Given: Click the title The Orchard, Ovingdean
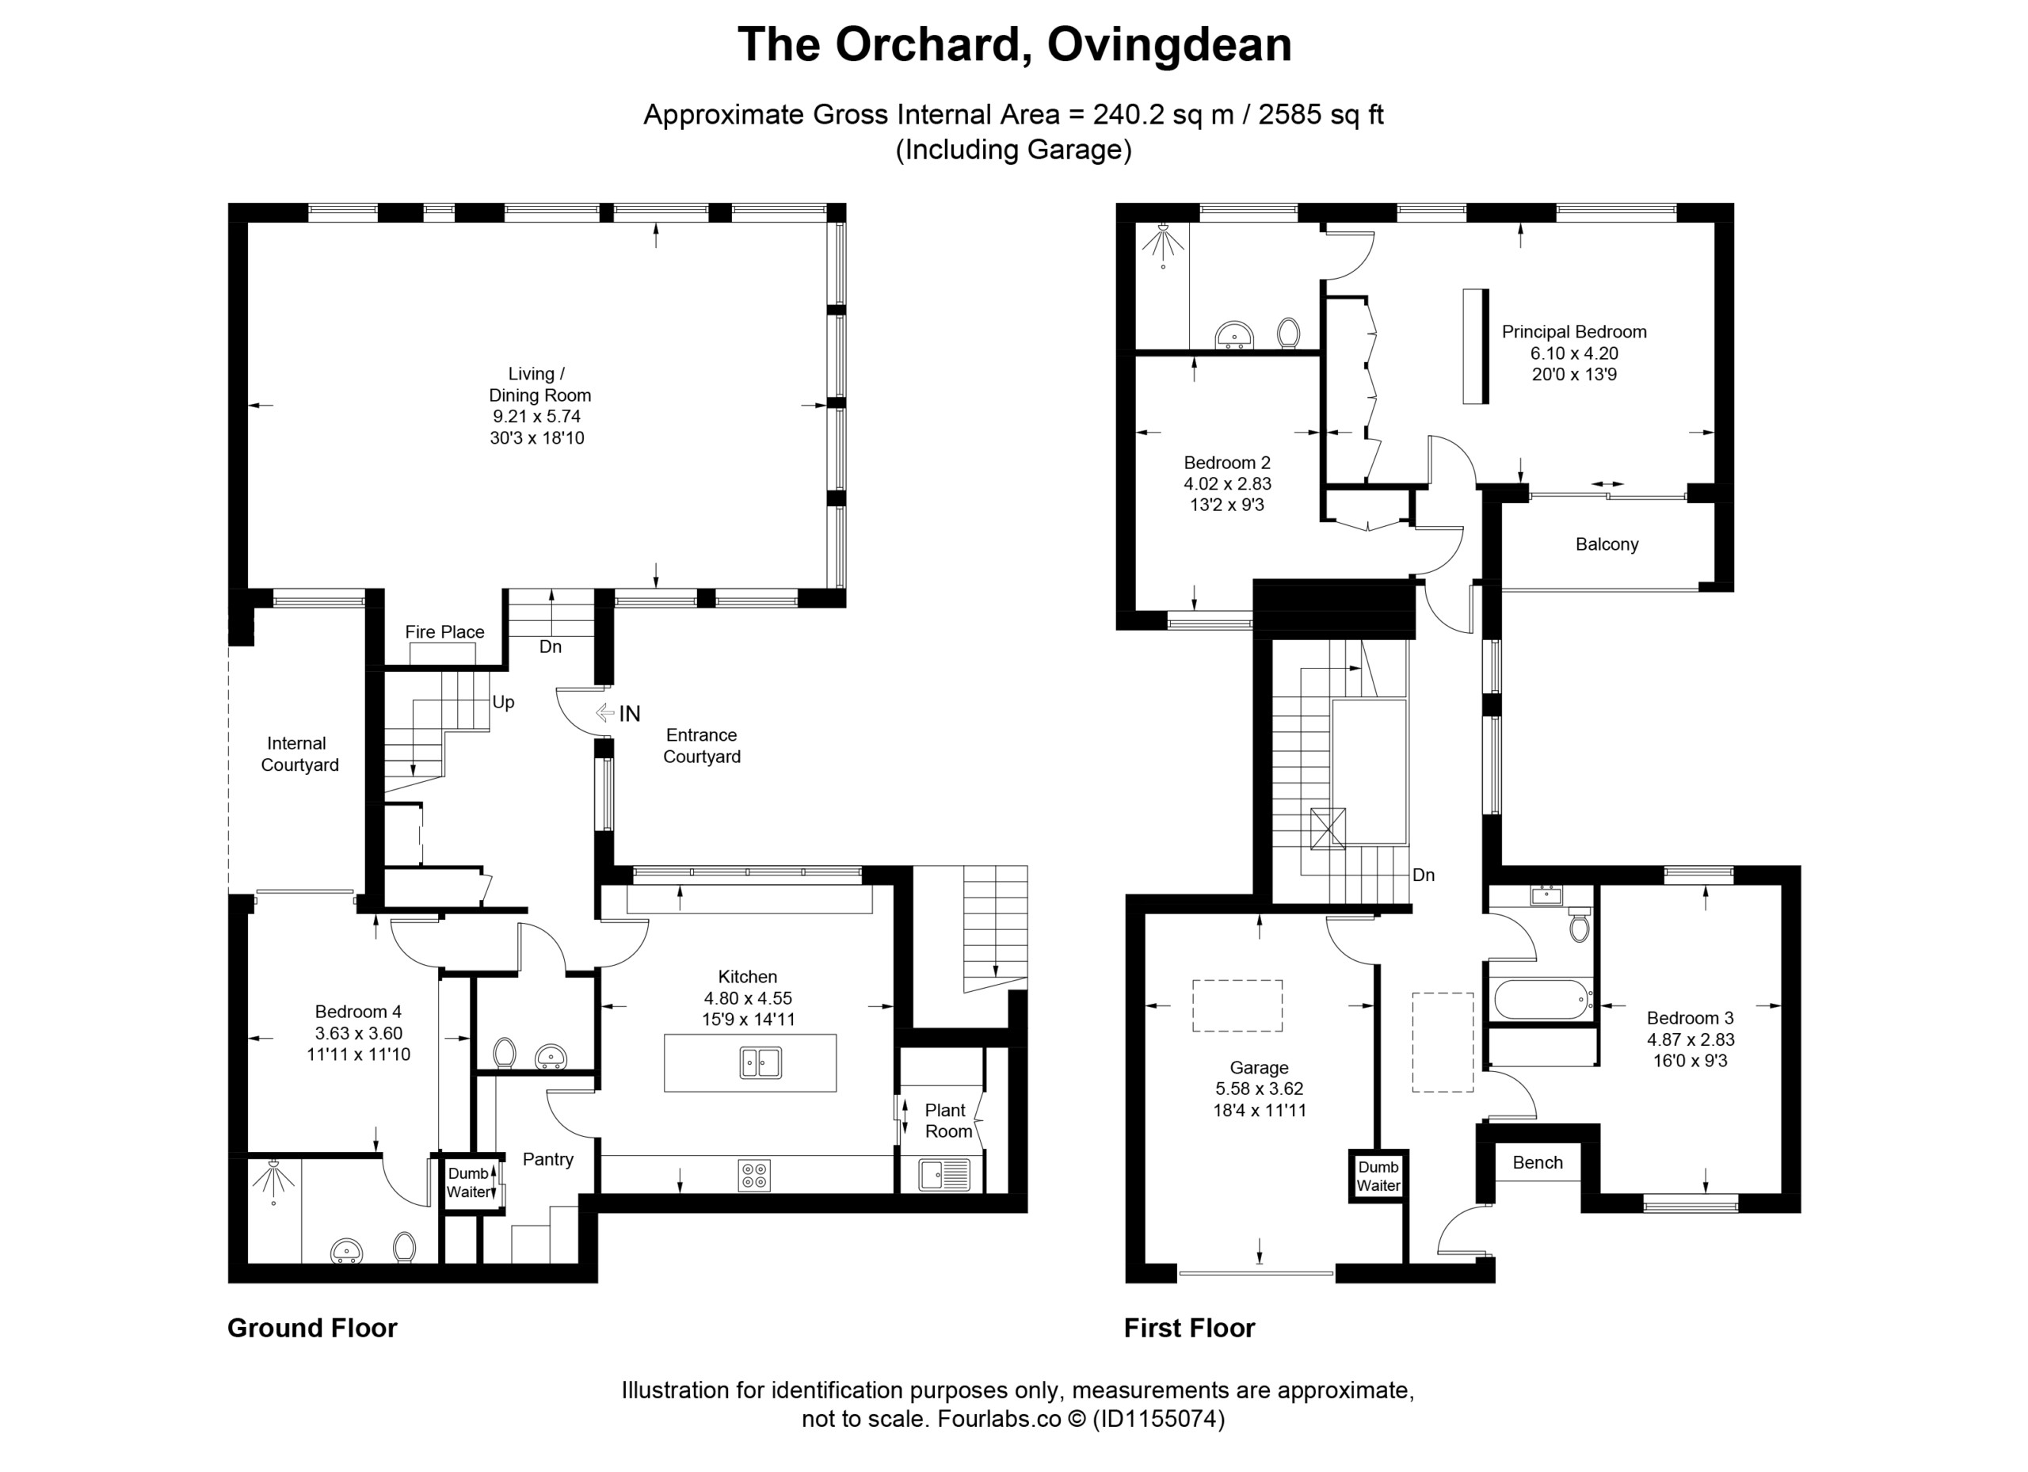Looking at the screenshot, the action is tap(1014, 44).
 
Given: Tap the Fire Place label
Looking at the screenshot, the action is tap(444, 631).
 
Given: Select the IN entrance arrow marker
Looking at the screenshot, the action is tap(604, 713).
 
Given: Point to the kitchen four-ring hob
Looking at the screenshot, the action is tap(755, 1175).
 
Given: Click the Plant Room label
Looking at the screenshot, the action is tap(947, 1120).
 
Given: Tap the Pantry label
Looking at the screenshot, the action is tap(548, 1159).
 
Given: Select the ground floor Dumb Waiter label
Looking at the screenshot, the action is tap(468, 1182).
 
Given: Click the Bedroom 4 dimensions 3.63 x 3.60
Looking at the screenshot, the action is tap(359, 1033).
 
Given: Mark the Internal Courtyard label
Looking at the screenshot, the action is tap(299, 754).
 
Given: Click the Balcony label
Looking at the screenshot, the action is tap(1607, 543).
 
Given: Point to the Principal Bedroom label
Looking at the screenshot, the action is tap(1574, 332).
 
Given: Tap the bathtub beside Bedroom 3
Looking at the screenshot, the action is tap(1542, 999).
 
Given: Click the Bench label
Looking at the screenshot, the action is tap(1538, 1162).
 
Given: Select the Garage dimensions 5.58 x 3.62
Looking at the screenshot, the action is tap(1259, 1089).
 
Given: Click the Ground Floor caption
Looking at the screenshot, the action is tap(312, 1328).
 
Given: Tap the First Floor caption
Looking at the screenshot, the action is tap(1189, 1328).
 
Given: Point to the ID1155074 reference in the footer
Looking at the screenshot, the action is tap(1158, 1419).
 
